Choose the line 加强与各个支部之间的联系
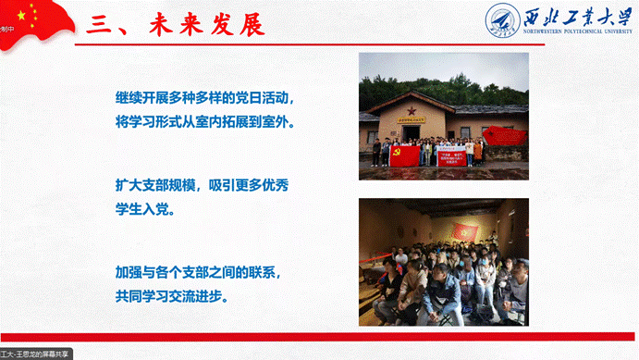(x=198, y=274)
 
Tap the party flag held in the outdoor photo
(x=403, y=155)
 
